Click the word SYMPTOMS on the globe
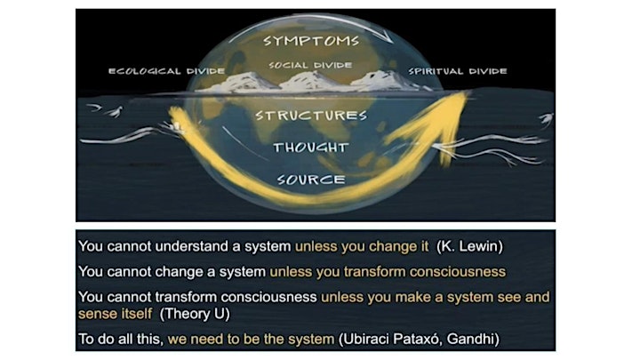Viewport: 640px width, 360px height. pyautogui.click(x=311, y=40)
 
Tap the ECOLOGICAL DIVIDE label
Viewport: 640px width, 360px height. pyautogui.click(x=166, y=71)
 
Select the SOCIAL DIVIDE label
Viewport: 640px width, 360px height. pyautogui.click(x=310, y=65)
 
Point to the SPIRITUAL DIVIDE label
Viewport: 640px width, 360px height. pyautogui.click(x=458, y=71)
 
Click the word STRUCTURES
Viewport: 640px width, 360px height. pyautogui.click(x=311, y=116)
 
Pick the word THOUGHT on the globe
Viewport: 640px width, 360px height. pyautogui.click(x=311, y=148)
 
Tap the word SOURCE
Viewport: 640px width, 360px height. pyautogui.click(x=311, y=180)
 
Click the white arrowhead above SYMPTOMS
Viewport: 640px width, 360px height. pyautogui.click(x=387, y=39)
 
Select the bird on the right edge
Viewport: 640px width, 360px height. pyautogui.click(x=546, y=120)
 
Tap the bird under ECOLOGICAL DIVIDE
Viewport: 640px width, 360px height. pyautogui.click(x=116, y=111)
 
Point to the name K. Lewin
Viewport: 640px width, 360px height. pyautogui.click(x=469, y=246)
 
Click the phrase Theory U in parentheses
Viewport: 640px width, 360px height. pyautogui.click(x=195, y=314)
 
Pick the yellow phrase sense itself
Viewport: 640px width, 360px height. pyautogui.click(x=115, y=314)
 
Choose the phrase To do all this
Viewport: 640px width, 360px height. pyautogui.click(x=120, y=340)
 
